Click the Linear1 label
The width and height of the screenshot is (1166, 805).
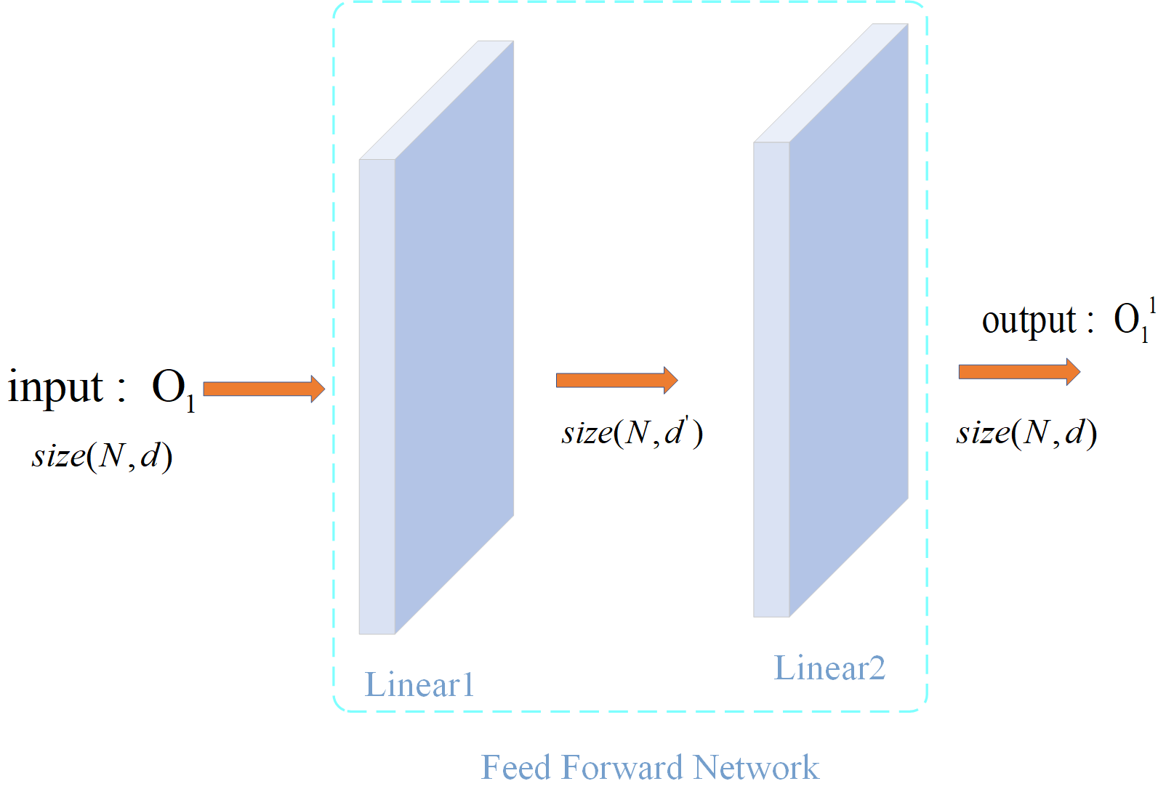419,684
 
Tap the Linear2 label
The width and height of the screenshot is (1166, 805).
829,668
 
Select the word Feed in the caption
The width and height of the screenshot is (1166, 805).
517,767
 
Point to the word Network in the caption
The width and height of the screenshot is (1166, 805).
756,767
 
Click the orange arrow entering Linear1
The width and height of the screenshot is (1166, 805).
264,389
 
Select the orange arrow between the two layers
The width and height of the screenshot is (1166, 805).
616,380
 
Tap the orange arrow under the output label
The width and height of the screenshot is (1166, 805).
1019,372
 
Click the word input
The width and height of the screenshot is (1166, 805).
56,387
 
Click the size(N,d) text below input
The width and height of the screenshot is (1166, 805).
102,456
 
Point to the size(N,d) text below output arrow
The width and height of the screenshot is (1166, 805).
1026,433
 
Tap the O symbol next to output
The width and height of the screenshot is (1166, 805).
1127,319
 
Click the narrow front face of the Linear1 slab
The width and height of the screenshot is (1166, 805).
377,397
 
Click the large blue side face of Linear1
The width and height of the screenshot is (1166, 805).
454,338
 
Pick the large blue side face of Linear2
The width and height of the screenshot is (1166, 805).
849,320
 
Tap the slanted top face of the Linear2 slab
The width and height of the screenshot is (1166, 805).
831,84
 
